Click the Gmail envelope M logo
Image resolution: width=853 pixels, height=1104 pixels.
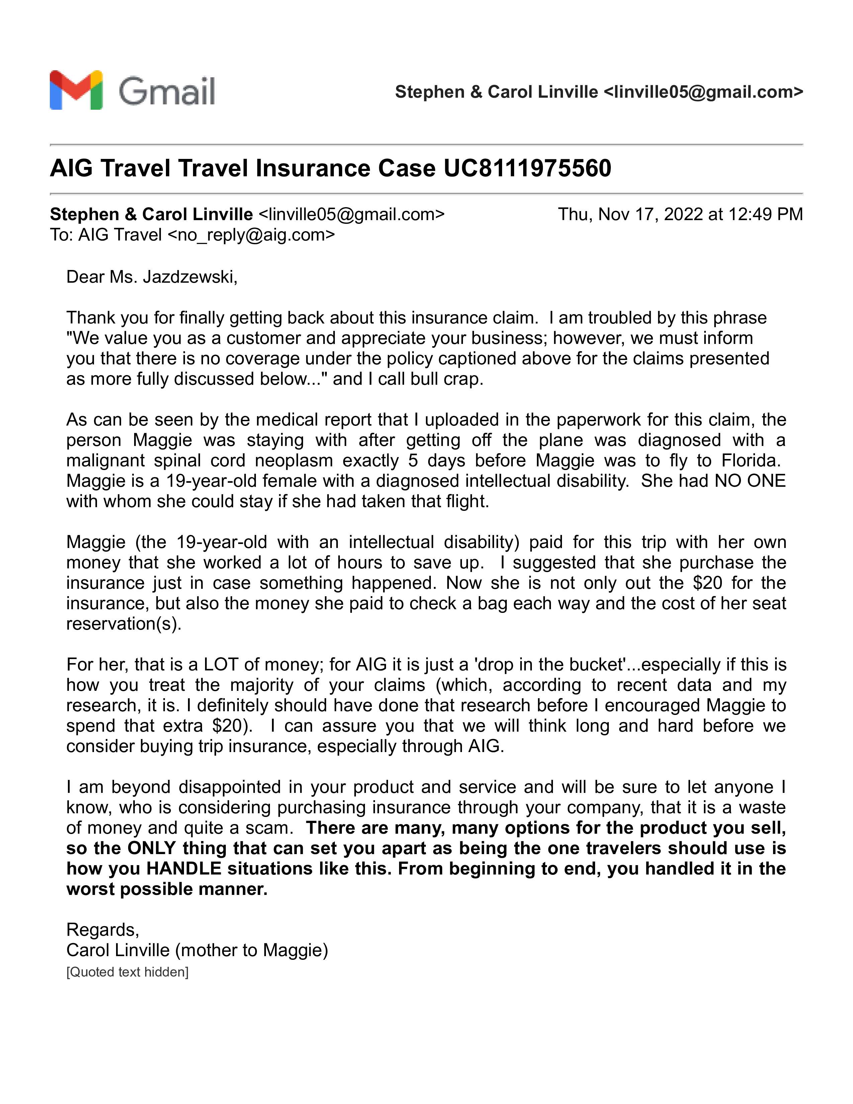click(x=76, y=90)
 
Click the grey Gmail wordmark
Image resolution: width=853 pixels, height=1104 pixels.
click(x=167, y=91)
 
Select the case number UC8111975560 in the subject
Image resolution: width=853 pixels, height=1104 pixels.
click(x=527, y=168)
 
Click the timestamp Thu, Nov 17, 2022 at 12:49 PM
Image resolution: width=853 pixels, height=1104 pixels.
click(x=680, y=214)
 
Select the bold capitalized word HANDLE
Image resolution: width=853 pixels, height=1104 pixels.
click(x=184, y=868)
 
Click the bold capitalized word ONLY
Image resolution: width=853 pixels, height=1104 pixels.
click(x=152, y=848)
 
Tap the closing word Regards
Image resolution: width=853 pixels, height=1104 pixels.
click(x=102, y=930)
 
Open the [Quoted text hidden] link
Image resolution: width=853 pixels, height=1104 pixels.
click(x=127, y=972)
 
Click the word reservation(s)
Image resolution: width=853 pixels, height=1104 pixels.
click(x=123, y=624)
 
